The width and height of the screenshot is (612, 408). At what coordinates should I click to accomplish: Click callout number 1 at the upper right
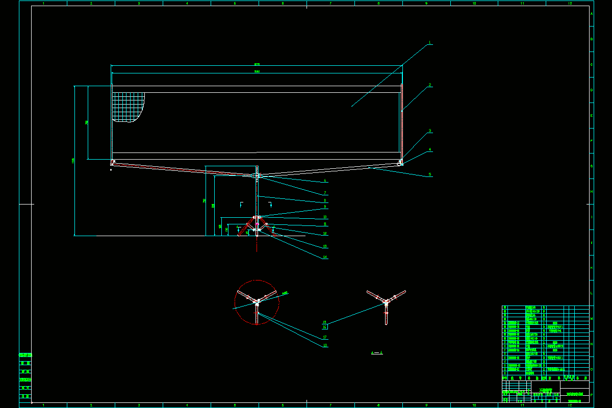(430, 43)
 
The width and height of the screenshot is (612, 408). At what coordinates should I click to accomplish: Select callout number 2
(430, 85)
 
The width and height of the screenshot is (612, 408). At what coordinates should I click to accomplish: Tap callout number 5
(430, 174)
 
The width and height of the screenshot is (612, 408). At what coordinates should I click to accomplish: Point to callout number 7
(325, 193)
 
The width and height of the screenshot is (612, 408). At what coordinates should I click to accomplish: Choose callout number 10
(325, 217)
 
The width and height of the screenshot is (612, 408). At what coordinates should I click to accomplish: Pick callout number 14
(325, 257)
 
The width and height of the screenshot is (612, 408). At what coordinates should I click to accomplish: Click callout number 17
(325, 337)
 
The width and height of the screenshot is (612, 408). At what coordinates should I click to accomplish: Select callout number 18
(325, 345)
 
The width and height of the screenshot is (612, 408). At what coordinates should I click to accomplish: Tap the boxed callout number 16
(325, 327)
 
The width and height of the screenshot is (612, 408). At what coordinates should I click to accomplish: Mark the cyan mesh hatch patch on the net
(127, 106)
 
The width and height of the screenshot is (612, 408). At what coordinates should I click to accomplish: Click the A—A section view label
(377, 352)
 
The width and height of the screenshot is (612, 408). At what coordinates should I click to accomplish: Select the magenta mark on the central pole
(257, 223)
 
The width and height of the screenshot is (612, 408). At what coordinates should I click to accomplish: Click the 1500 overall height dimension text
(73, 161)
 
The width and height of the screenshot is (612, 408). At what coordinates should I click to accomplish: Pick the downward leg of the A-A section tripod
(386, 315)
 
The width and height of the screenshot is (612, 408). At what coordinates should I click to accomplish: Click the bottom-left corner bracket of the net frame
(113, 163)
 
